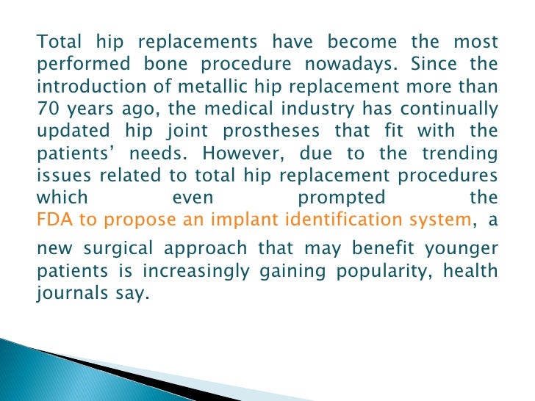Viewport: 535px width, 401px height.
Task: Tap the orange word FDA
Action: click(50, 220)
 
